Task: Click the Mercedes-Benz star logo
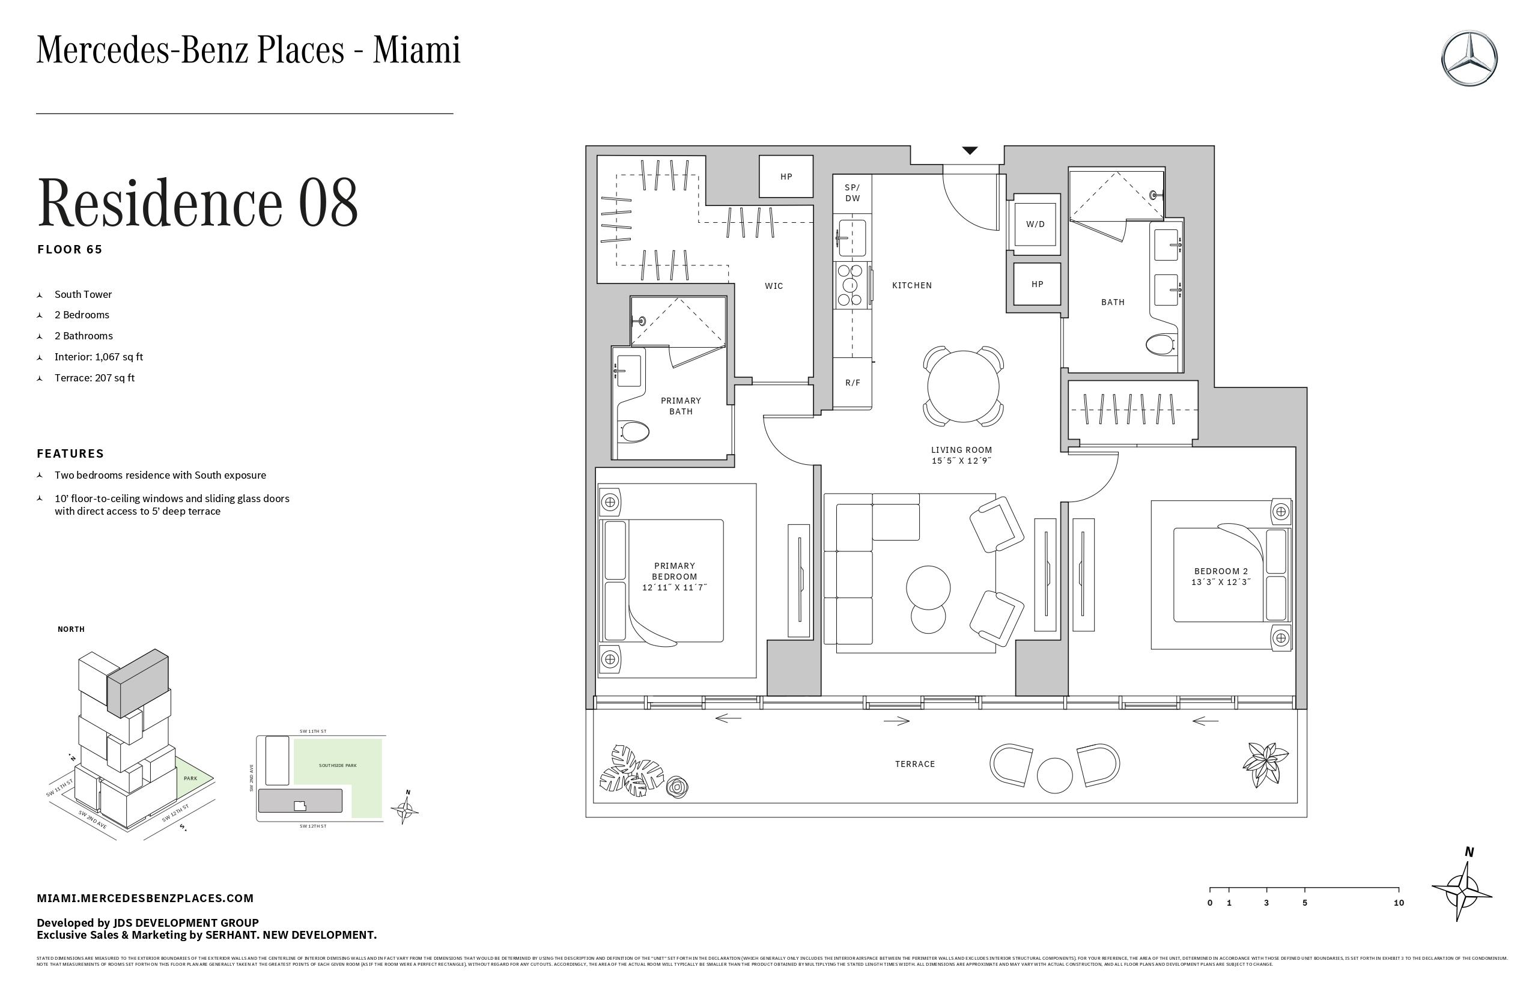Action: point(1470,58)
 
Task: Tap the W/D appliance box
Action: point(1035,224)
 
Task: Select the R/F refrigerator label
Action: point(853,383)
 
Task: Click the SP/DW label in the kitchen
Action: point(853,193)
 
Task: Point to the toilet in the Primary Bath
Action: point(633,432)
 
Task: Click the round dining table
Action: point(963,386)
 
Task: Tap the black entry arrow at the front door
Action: point(970,151)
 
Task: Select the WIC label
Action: point(774,286)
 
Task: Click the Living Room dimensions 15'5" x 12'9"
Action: point(961,461)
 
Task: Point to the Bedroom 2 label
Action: point(1220,571)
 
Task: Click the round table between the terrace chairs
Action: point(1054,775)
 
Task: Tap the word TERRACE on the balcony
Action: point(914,764)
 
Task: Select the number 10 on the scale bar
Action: point(1398,903)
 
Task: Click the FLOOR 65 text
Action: point(70,250)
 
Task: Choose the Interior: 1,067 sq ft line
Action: point(99,357)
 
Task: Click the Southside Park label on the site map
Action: point(337,765)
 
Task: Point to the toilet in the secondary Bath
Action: point(1161,344)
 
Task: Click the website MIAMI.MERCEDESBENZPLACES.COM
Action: point(145,898)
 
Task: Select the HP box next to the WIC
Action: point(786,177)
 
